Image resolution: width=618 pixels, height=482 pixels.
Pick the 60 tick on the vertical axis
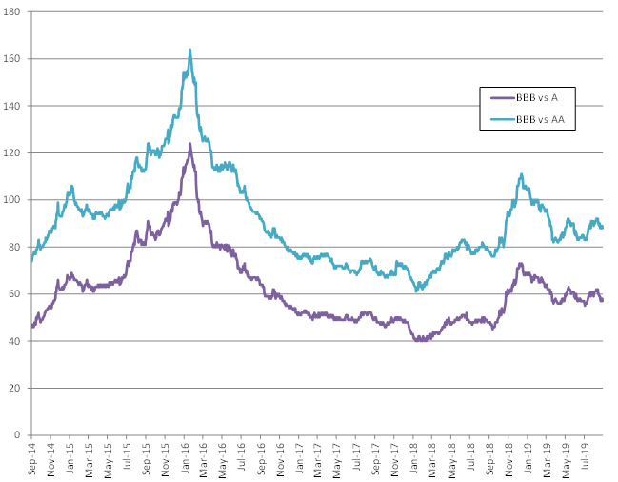coord(14,293)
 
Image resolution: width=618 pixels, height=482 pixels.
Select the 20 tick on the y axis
coord(14,388)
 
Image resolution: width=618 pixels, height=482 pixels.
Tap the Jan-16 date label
coord(189,458)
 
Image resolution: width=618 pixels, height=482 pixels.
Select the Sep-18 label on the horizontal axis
coord(494,458)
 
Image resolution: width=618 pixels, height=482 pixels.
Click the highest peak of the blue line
coord(189,50)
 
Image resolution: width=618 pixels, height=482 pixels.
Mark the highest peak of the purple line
coord(189,144)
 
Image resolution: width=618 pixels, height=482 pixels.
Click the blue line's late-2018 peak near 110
coord(522,175)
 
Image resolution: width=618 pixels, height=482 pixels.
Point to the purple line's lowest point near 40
coord(419,340)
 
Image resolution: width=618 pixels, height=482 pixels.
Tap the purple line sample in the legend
coord(501,97)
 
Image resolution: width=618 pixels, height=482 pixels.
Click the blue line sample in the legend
coord(501,120)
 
